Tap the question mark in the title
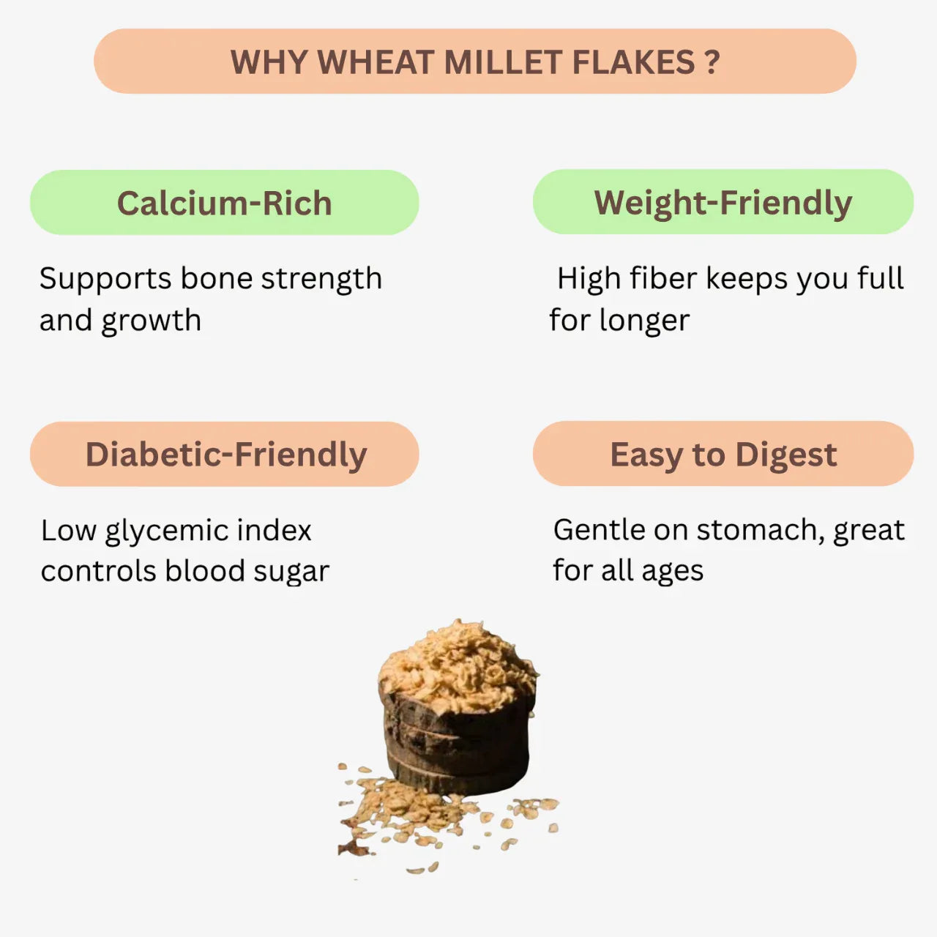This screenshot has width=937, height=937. [x=712, y=62]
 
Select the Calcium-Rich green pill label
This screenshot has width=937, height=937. [x=224, y=203]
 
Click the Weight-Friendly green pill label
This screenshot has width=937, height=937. [x=723, y=203]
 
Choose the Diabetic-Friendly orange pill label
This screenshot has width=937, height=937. [x=225, y=454]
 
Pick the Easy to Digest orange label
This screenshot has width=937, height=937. [x=723, y=455]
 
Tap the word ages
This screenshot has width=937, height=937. [x=672, y=572]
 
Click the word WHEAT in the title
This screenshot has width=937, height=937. [x=376, y=62]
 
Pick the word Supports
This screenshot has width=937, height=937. [x=105, y=279]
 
